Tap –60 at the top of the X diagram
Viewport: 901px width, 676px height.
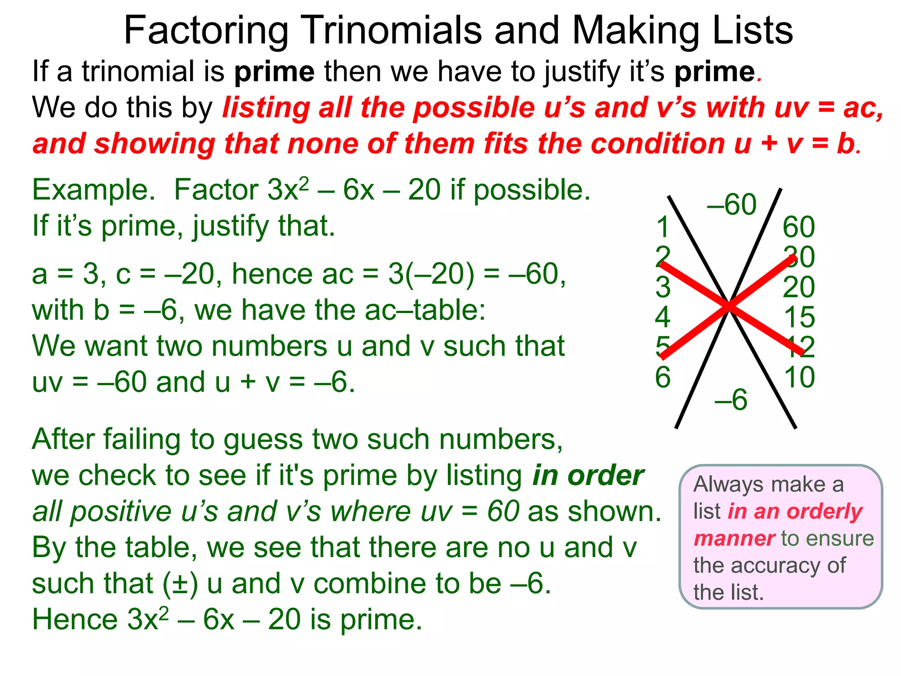pos(732,205)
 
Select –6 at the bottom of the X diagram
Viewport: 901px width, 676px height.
pos(731,400)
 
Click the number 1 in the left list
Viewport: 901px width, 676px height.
pos(663,228)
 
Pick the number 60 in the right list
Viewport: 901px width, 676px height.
pos(798,228)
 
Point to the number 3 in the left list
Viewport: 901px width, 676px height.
pos(663,287)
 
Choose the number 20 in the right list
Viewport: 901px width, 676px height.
pos(798,287)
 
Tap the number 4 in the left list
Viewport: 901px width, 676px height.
pos(663,317)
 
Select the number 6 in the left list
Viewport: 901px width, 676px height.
pos(663,377)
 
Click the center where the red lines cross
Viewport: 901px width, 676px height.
pos(729,305)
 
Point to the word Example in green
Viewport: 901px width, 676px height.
pos(93,190)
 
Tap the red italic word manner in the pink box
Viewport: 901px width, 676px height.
pos(734,539)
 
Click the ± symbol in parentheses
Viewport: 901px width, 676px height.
pos(180,584)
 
